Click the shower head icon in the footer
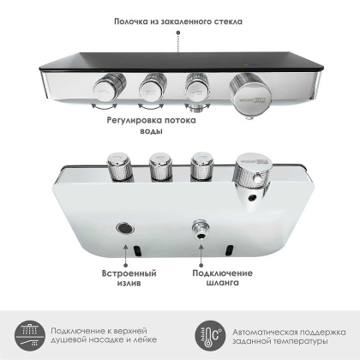click(25, 334)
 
